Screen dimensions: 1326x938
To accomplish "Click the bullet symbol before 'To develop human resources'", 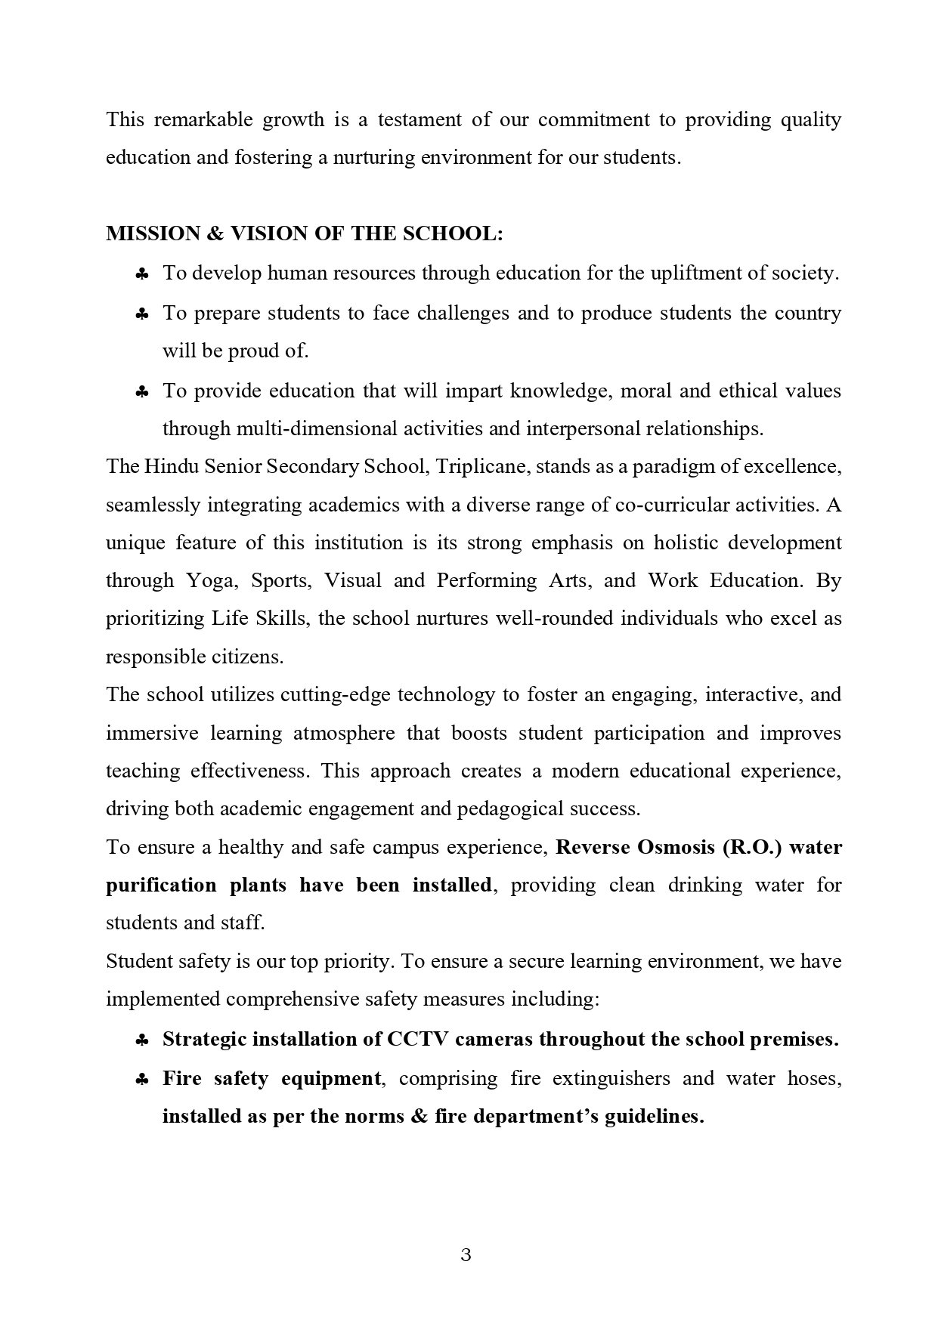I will click(141, 274).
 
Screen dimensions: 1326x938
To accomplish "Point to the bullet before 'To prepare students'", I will click(141, 314).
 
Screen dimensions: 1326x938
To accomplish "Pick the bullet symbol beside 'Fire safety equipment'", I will click(141, 1080).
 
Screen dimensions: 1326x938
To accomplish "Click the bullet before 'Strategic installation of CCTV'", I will click(141, 1041).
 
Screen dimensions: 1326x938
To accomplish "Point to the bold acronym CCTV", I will click(419, 1040).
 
